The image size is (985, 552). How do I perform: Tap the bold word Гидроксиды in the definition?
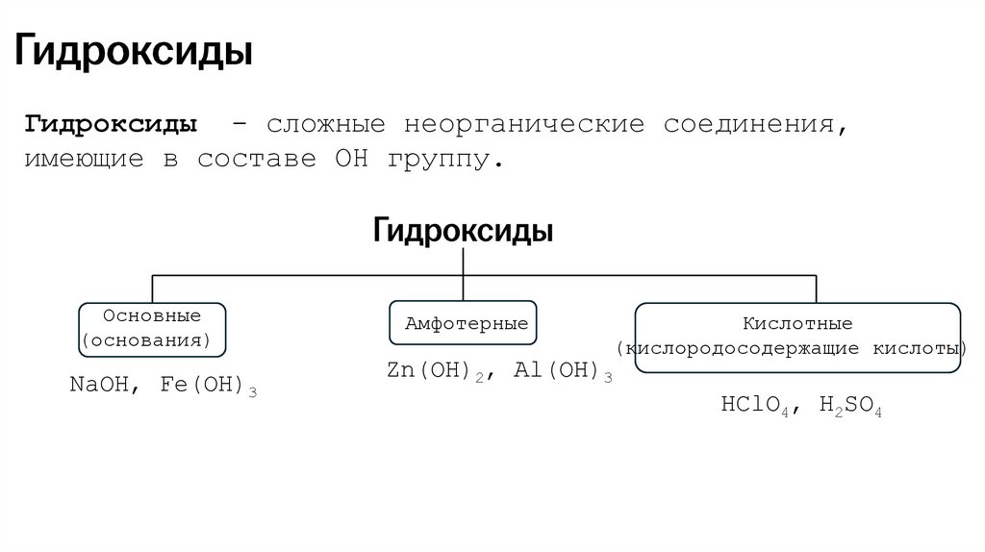pos(113,126)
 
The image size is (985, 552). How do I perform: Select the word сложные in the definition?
pos(325,126)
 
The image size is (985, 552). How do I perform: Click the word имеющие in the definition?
pos(84,159)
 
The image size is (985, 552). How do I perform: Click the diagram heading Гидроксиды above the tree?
pos(463,232)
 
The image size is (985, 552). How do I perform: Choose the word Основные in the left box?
pos(152,316)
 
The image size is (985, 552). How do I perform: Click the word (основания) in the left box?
pos(152,340)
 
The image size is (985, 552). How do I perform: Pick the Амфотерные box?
pos(465,324)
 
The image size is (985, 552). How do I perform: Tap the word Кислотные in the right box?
pos(797,324)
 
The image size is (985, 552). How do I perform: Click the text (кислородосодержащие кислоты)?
pos(797,348)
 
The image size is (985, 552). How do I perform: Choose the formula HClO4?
pos(755,405)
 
